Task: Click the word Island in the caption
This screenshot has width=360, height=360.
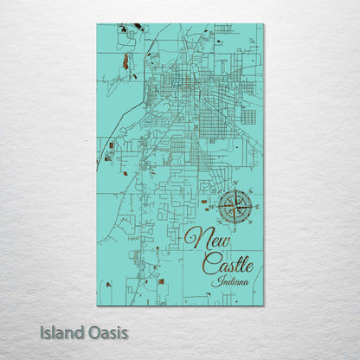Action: [x=63, y=331]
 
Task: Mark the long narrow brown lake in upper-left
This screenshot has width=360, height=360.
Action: [x=125, y=61]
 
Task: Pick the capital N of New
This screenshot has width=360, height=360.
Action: [x=192, y=235]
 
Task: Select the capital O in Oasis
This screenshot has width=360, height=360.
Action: [x=93, y=331]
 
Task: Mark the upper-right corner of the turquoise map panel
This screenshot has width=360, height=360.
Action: [x=263, y=25]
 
